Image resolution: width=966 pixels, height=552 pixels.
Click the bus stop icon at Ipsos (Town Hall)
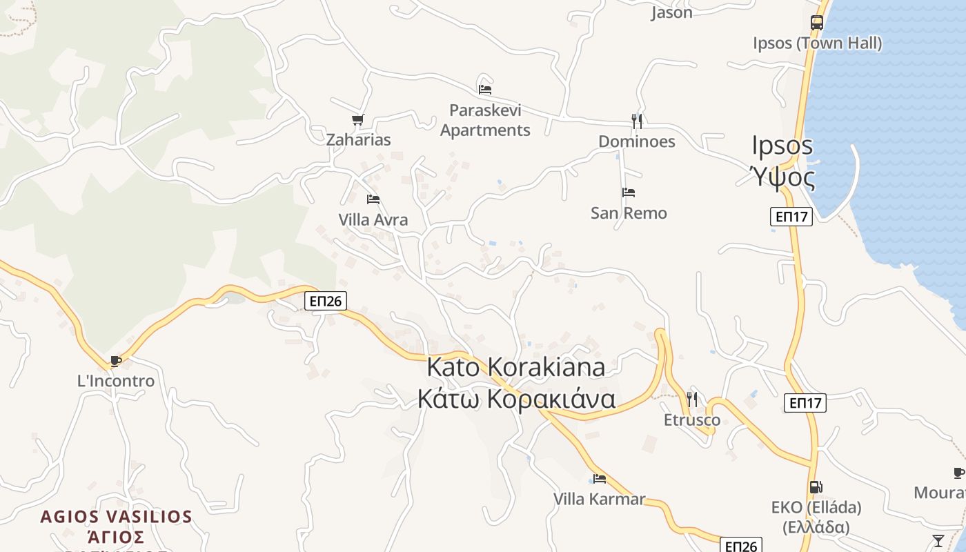(817, 22)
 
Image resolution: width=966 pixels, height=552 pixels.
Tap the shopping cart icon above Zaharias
(357, 120)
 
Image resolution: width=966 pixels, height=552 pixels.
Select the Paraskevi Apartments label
(485, 120)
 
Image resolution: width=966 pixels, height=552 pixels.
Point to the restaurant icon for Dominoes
(637, 121)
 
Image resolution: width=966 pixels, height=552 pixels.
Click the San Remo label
(629, 213)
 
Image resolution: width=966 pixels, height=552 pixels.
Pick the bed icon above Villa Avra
(373, 199)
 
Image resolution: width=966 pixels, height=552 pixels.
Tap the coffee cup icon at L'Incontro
(116, 361)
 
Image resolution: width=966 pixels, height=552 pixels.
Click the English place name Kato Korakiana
(516, 366)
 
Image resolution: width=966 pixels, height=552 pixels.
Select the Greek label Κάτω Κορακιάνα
(516, 399)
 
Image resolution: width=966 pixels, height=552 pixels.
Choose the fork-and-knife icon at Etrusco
(692, 399)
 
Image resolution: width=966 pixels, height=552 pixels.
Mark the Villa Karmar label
(599, 498)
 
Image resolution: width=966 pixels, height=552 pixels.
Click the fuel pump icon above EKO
(816, 487)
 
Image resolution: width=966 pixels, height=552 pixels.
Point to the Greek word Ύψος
(783, 177)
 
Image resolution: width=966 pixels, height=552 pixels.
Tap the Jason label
(671, 12)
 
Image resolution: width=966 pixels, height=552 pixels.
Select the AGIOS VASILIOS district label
(116, 516)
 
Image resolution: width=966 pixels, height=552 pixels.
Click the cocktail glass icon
(938, 540)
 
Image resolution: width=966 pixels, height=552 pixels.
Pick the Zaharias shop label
(358, 139)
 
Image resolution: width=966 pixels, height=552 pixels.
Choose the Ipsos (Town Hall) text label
(817, 43)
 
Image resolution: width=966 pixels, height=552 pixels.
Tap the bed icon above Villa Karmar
(599, 478)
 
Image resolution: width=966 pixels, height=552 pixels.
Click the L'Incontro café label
(116, 381)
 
